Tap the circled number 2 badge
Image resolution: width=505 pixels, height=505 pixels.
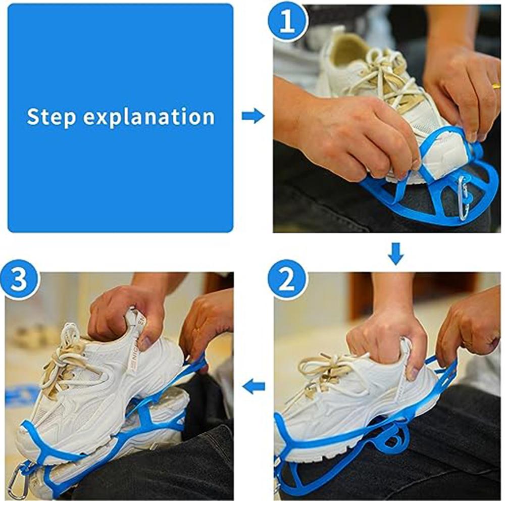point(287,280)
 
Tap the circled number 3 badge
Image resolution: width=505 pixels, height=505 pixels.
point(20,280)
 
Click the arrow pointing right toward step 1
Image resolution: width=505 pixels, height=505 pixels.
point(253,116)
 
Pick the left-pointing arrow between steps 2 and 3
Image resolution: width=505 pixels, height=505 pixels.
point(254,387)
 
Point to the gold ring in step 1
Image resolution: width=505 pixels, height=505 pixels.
point(497,86)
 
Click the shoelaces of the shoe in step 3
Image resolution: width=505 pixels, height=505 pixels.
point(63,353)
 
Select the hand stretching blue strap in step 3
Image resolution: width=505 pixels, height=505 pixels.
point(205,328)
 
